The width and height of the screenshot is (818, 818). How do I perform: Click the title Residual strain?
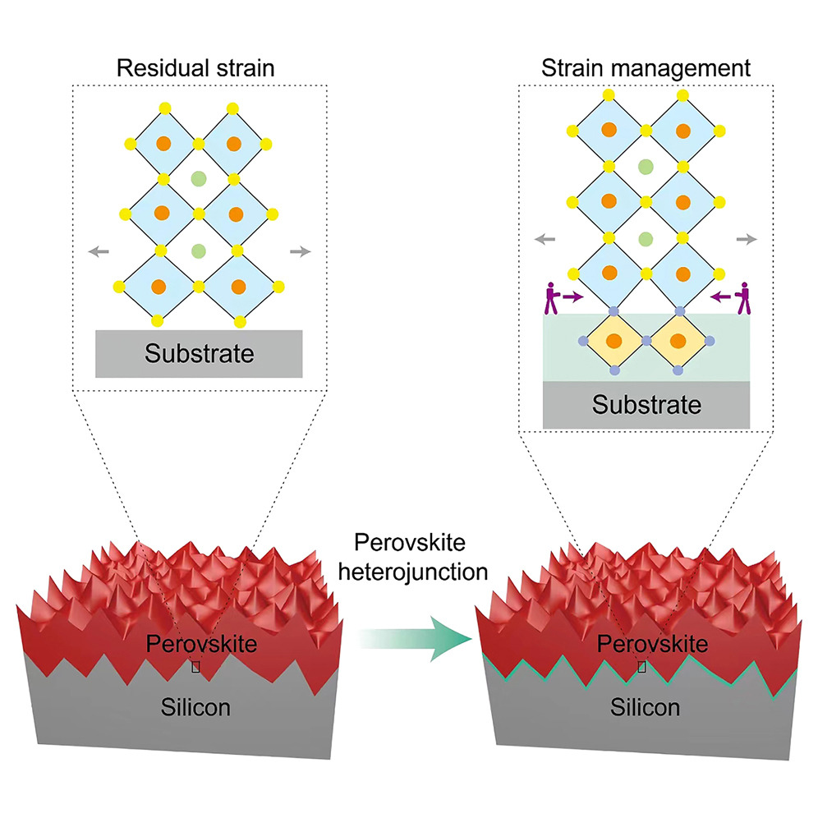click(195, 68)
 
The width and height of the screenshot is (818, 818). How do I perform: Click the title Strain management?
click(646, 68)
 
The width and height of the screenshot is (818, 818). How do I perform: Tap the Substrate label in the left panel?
click(200, 354)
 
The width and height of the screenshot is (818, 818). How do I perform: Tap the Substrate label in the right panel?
click(646, 405)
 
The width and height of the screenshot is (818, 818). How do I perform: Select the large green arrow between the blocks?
click(416, 638)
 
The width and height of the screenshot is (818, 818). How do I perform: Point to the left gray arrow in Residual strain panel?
click(99, 252)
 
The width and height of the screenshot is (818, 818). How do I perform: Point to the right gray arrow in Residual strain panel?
click(300, 252)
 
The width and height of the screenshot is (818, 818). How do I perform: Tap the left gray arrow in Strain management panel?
click(545, 240)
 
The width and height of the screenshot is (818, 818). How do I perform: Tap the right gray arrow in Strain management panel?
click(747, 240)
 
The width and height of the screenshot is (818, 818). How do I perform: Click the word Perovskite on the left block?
click(201, 644)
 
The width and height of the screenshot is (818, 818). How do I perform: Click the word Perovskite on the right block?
click(653, 644)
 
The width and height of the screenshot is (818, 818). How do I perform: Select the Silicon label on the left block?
click(195, 707)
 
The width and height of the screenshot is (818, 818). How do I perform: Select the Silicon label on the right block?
click(646, 707)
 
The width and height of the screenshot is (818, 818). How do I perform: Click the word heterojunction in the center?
click(413, 572)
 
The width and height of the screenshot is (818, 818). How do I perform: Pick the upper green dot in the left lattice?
click(199, 179)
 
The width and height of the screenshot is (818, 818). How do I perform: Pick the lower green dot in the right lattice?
click(646, 240)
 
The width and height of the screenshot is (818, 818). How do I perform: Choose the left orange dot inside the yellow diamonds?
click(614, 341)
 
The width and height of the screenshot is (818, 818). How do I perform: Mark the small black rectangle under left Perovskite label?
click(195, 667)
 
